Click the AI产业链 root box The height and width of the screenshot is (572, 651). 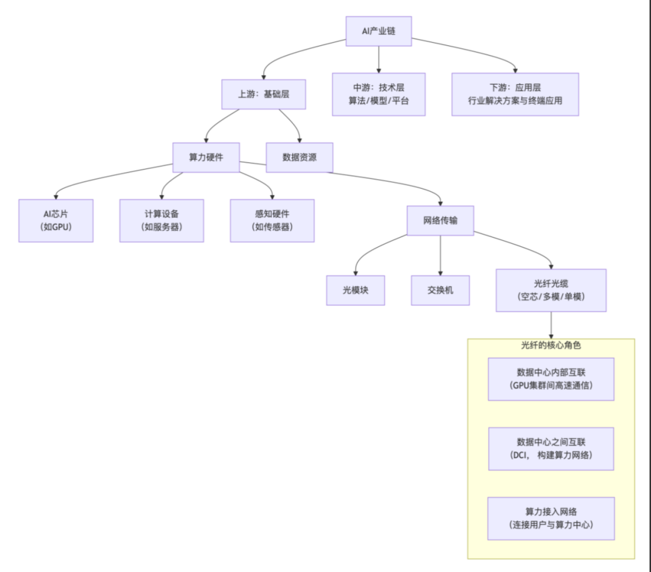point(379,31)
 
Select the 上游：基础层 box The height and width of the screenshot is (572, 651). point(264,94)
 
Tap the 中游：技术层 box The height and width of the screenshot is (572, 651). point(379,94)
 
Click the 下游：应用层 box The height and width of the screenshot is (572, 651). point(515,94)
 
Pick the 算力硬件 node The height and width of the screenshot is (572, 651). point(206,157)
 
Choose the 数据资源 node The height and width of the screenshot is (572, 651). point(300,157)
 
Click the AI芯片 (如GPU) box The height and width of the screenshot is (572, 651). point(56,220)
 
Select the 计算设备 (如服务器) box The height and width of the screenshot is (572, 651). point(162,220)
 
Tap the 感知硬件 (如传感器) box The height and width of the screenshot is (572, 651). point(272,220)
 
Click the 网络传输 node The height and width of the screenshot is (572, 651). point(440,220)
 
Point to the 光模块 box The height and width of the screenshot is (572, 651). point(356,290)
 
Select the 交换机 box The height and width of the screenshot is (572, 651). point(440,290)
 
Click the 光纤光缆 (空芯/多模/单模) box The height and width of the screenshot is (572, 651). point(551,290)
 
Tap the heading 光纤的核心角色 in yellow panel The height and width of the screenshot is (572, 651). point(551,346)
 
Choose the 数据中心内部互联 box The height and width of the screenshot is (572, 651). point(551,379)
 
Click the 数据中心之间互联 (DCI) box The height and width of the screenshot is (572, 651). point(551,449)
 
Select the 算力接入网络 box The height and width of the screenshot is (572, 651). point(551,518)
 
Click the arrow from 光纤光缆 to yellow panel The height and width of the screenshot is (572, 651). point(551,326)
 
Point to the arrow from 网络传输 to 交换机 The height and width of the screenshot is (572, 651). point(440,256)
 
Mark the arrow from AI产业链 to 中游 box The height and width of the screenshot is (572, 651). point(379,59)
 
